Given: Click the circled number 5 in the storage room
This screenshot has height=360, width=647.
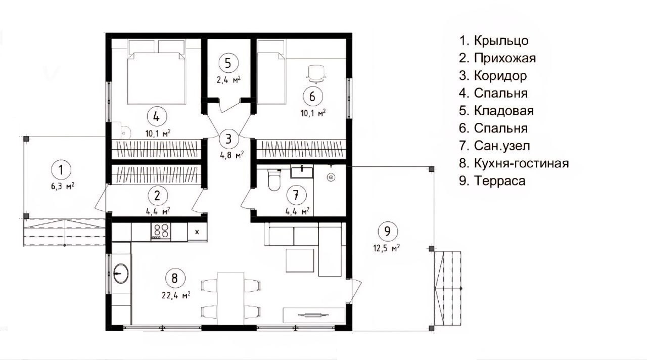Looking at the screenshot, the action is click(x=228, y=63).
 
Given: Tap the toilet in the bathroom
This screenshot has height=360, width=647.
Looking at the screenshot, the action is click(x=274, y=179).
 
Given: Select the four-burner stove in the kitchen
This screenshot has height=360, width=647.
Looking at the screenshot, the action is click(x=161, y=232).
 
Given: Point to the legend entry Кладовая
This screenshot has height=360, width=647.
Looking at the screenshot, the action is click(x=496, y=111).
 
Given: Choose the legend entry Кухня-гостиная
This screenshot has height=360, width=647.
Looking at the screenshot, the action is click(x=514, y=163).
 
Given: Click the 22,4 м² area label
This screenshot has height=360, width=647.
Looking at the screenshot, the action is click(x=176, y=295).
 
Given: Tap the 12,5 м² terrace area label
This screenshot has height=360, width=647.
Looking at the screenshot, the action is click(x=387, y=248).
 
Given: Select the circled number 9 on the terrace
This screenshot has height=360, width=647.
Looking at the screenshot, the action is click(x=387, y=231).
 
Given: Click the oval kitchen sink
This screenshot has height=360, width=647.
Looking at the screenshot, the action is click(x=121, y=273).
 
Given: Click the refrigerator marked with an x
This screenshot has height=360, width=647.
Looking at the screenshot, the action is click(x=197, y=232).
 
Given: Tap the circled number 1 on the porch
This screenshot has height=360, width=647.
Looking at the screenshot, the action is click(x=61, y=170).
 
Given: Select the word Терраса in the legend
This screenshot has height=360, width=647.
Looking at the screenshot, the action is click(x=500, y=181).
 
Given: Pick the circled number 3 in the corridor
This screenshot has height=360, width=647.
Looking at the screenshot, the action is click(x=228, y=139).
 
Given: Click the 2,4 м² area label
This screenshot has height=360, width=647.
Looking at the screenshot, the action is click(x=229, y=80).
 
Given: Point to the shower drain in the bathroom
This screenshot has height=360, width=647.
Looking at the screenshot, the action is click(x=331, y=177).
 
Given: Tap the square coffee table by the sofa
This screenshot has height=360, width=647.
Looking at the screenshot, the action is click(x=300, y=260).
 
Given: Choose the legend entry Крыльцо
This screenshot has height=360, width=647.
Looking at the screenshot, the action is click(x=494, y=41).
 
